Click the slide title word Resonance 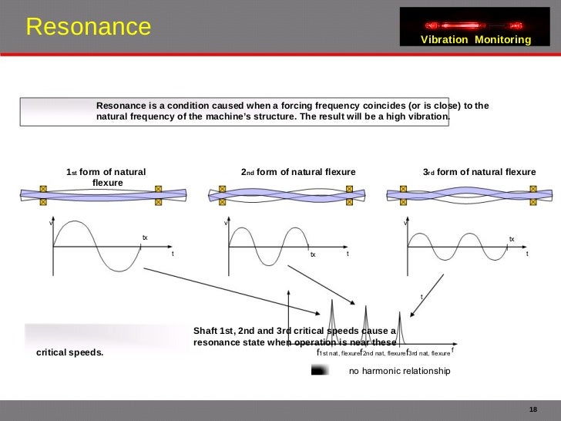tap(89, 27)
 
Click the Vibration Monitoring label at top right tap(476, 39)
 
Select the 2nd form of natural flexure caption tap(298, 172)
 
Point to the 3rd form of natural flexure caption tap(479, 172)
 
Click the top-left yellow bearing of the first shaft tap(43, 188)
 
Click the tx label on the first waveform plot tap(144, 237)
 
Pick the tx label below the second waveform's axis tap(313, 254)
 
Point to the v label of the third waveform tap(405, 224)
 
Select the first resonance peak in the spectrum tap(331, 316)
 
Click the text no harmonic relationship tap(398, 372)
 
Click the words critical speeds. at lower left tap(69, 353)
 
